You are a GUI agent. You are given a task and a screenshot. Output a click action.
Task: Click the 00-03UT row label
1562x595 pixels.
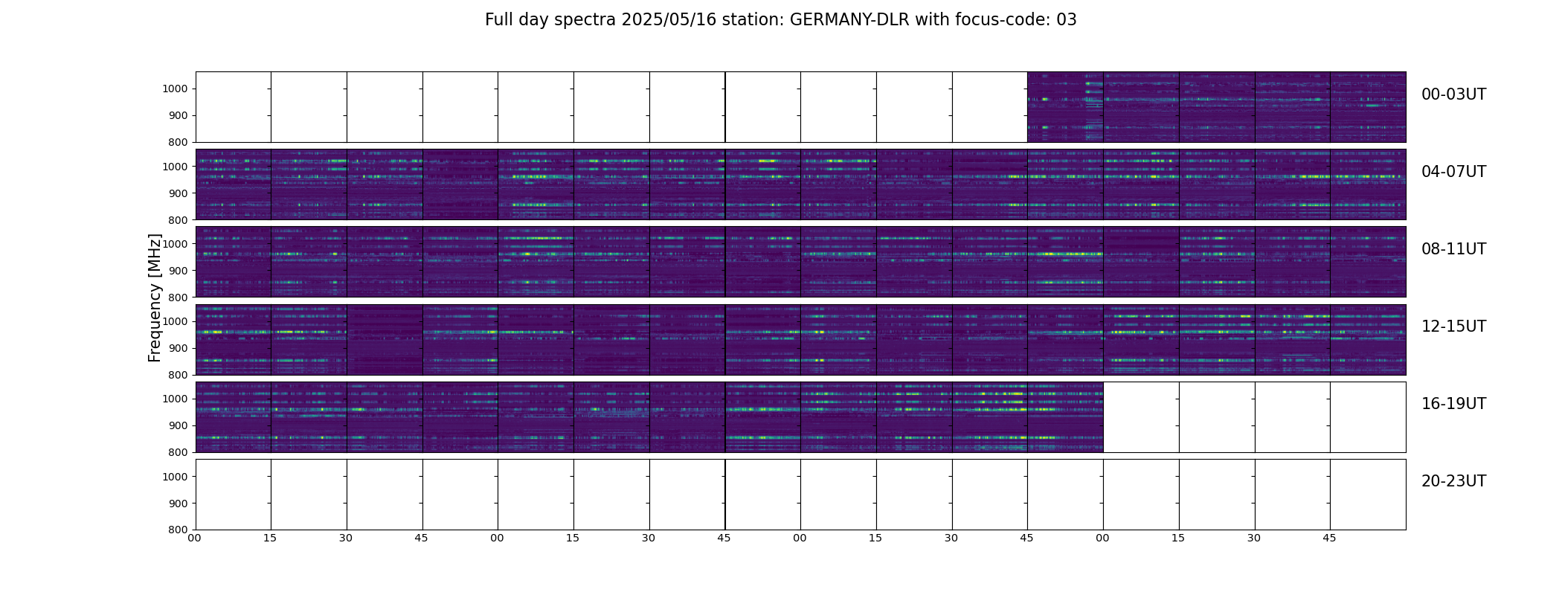click(x=1453, y=94)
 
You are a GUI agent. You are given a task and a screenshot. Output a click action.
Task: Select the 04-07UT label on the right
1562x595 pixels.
click(x=1453, y=172)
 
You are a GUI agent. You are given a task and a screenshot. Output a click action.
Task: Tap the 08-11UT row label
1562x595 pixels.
click(x=1453, y=249)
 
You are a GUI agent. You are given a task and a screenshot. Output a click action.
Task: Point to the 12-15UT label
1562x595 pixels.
click(x=1453, y=327)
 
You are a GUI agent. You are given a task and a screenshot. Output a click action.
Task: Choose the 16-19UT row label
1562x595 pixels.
click(x=1453, y=404)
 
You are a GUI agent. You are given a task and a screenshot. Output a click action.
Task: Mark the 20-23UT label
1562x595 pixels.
click(x=1453, y=481)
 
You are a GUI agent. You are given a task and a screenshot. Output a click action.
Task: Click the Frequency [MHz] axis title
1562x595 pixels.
click(x=155, y=297)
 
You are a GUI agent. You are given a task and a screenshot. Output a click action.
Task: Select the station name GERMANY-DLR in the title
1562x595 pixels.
click(x=849, y=20)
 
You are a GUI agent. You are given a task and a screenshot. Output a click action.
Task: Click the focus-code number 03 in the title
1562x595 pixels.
click(x=1067, y=20)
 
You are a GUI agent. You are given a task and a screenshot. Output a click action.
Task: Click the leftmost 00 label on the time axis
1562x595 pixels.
click(x=195, y=538)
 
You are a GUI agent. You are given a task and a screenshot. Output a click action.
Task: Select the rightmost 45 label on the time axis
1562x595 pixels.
click(x=1329, y=538)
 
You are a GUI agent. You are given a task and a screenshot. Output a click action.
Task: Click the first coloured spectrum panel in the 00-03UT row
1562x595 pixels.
click(x=1065, y=107)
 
